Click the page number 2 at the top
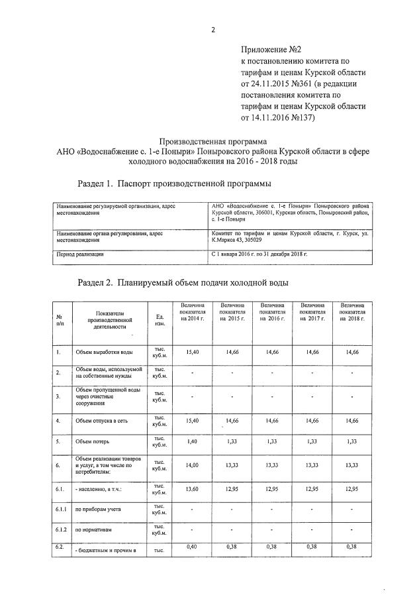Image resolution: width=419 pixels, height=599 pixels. point(213,29)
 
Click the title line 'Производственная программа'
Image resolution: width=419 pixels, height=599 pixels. point(214,140)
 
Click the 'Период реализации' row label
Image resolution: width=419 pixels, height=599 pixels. point(81,254)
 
